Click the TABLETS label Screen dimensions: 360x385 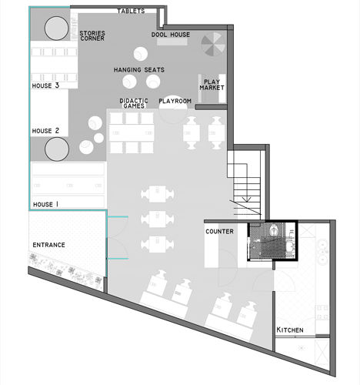(131, 11)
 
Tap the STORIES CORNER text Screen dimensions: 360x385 (92, 35)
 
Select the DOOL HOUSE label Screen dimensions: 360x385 (171, 35)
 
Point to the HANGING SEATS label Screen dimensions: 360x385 (139, 70)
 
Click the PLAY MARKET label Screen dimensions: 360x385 (212, 85)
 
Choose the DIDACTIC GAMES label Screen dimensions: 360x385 (134, 103)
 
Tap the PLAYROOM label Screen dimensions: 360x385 (175, 101)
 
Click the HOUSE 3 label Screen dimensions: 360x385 (45, 85)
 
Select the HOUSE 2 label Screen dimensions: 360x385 (45, 131)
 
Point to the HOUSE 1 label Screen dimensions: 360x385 (45, 204)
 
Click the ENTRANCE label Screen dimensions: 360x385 (48, 245)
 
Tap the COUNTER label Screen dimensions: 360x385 (219, 232)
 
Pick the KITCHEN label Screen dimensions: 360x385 (290, 330)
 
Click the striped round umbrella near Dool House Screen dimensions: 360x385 (213, 44)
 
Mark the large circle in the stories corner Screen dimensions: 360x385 (57, 28)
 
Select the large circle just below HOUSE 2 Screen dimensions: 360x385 (57, 149)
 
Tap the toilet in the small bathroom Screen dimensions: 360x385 (274, 229)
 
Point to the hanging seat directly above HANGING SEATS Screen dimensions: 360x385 (141, 54)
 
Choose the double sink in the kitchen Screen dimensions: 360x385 (322, 252)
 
